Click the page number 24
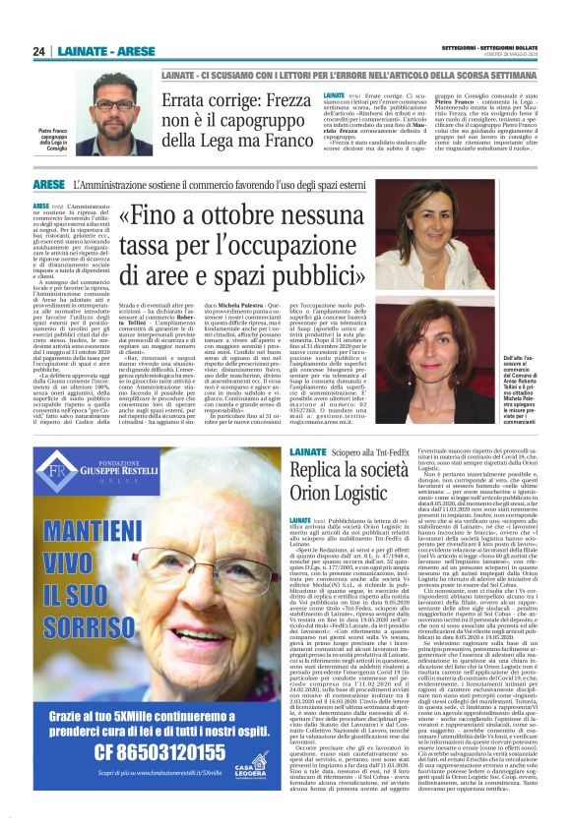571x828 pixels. [x=39, y=51]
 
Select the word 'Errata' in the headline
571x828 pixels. [x=195, y=102]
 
